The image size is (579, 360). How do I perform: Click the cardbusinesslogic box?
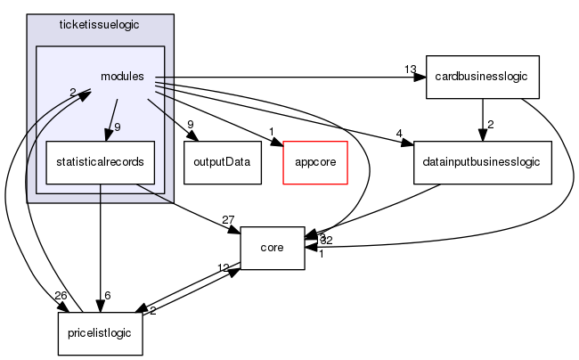482,77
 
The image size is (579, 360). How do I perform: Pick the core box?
273,248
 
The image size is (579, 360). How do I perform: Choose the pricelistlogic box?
94,333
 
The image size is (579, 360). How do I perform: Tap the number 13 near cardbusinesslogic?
409,70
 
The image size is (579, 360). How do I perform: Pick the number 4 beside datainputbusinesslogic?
401,135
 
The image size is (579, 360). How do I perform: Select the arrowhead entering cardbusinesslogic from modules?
420,78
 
